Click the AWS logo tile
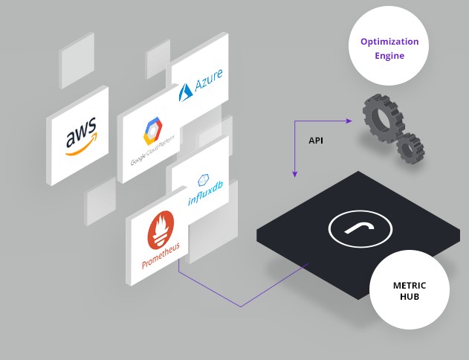[x=78, y=135]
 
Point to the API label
[x=316, y=140]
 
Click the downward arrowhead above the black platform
[x=295, y=174]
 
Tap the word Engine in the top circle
[x=389, y=56]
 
